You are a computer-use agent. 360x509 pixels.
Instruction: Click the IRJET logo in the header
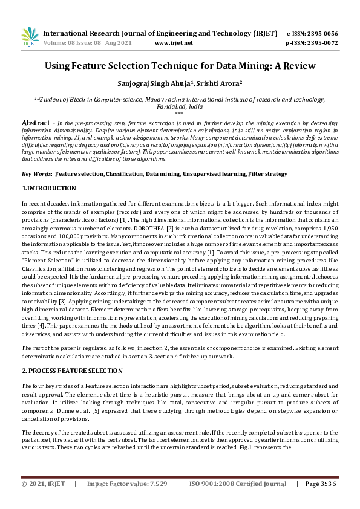(29, 37)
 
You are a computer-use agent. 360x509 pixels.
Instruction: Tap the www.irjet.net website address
(174, 43)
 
